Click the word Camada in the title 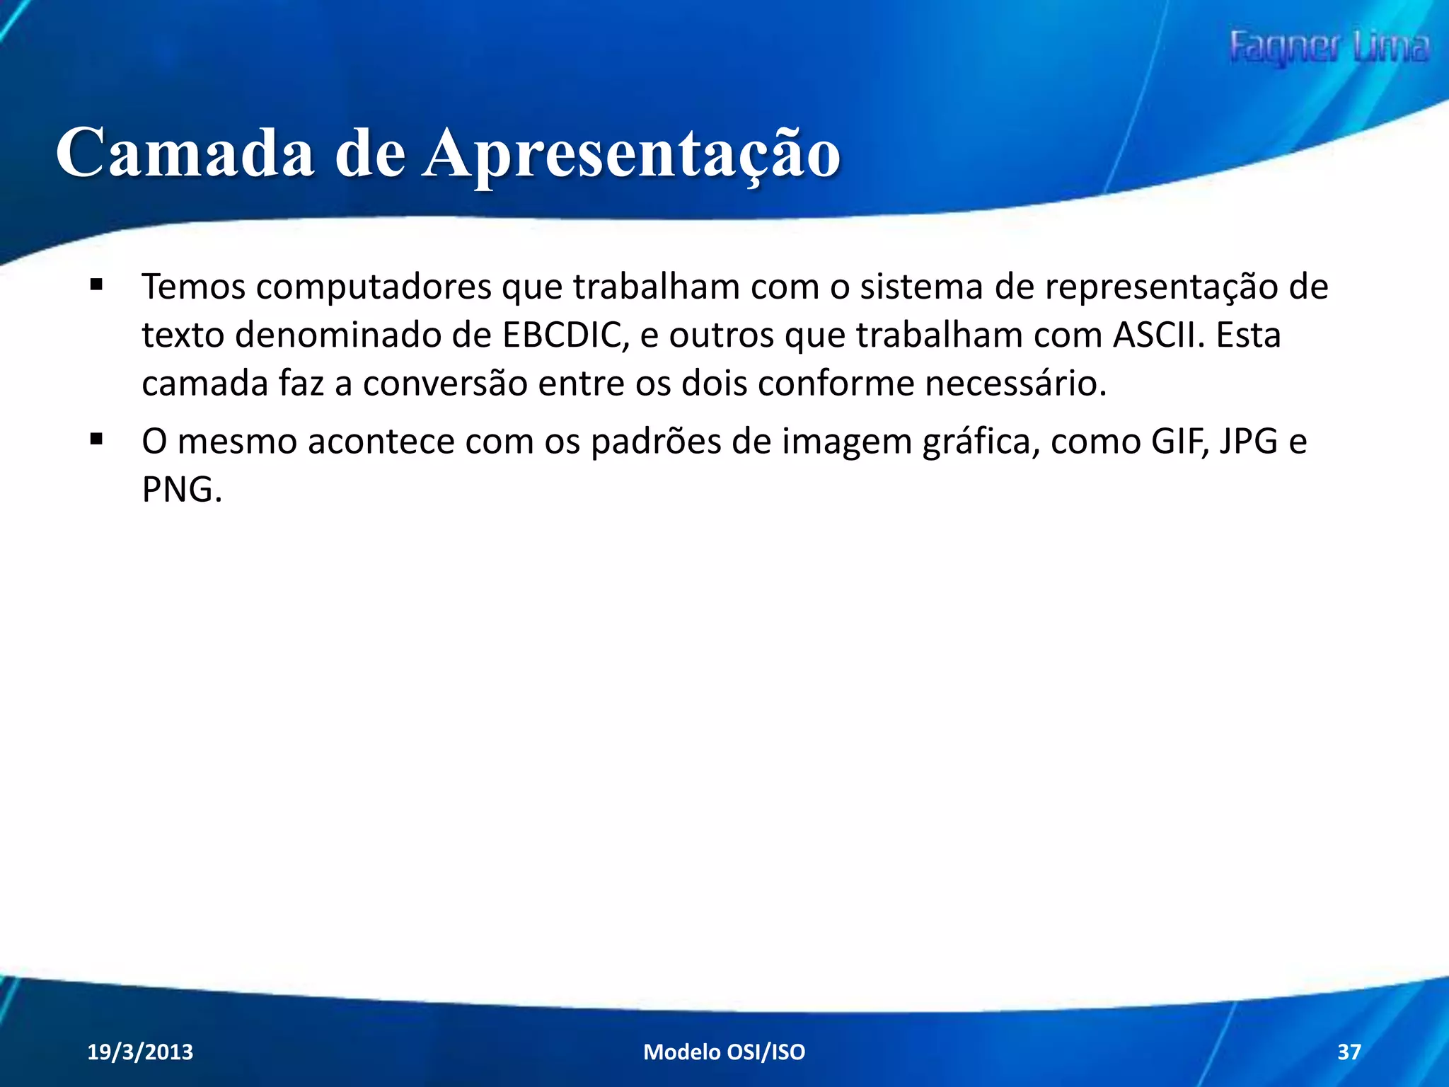click(185, 153)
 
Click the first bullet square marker click(96, 285)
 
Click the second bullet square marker click(96, 439)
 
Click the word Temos click(193, 287)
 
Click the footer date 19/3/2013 click(140, 1052)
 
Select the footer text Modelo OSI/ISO click(724, 1052)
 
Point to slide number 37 click(1349, 1052)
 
